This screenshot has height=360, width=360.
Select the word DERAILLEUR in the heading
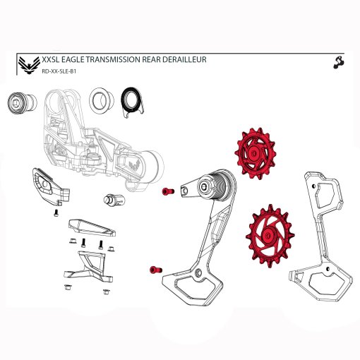click(181, 60)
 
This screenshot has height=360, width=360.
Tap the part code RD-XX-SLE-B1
click(60, 71)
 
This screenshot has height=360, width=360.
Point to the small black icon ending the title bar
click(337, 62)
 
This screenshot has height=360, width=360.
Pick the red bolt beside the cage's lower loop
click(155, 269)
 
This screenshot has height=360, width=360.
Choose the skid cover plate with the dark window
click(48, 186)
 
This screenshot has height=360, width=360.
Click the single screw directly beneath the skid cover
click(56, 214)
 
